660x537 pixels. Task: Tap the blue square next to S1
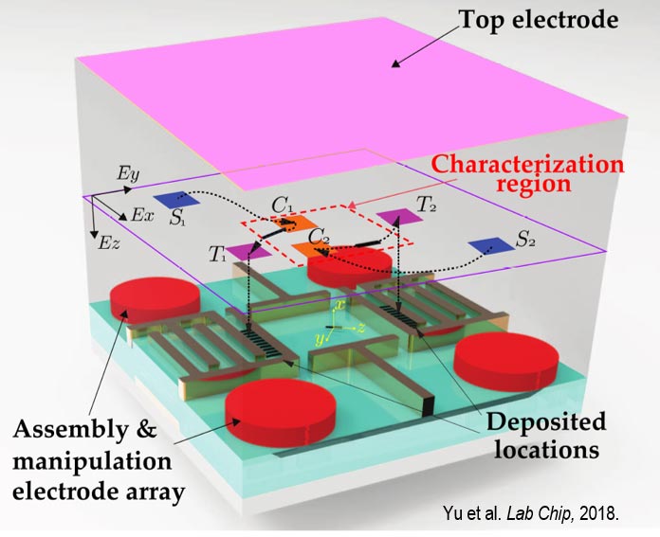(174, 200)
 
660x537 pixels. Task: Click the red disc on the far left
(155, 299)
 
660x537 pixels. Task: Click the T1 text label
(217, 254)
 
